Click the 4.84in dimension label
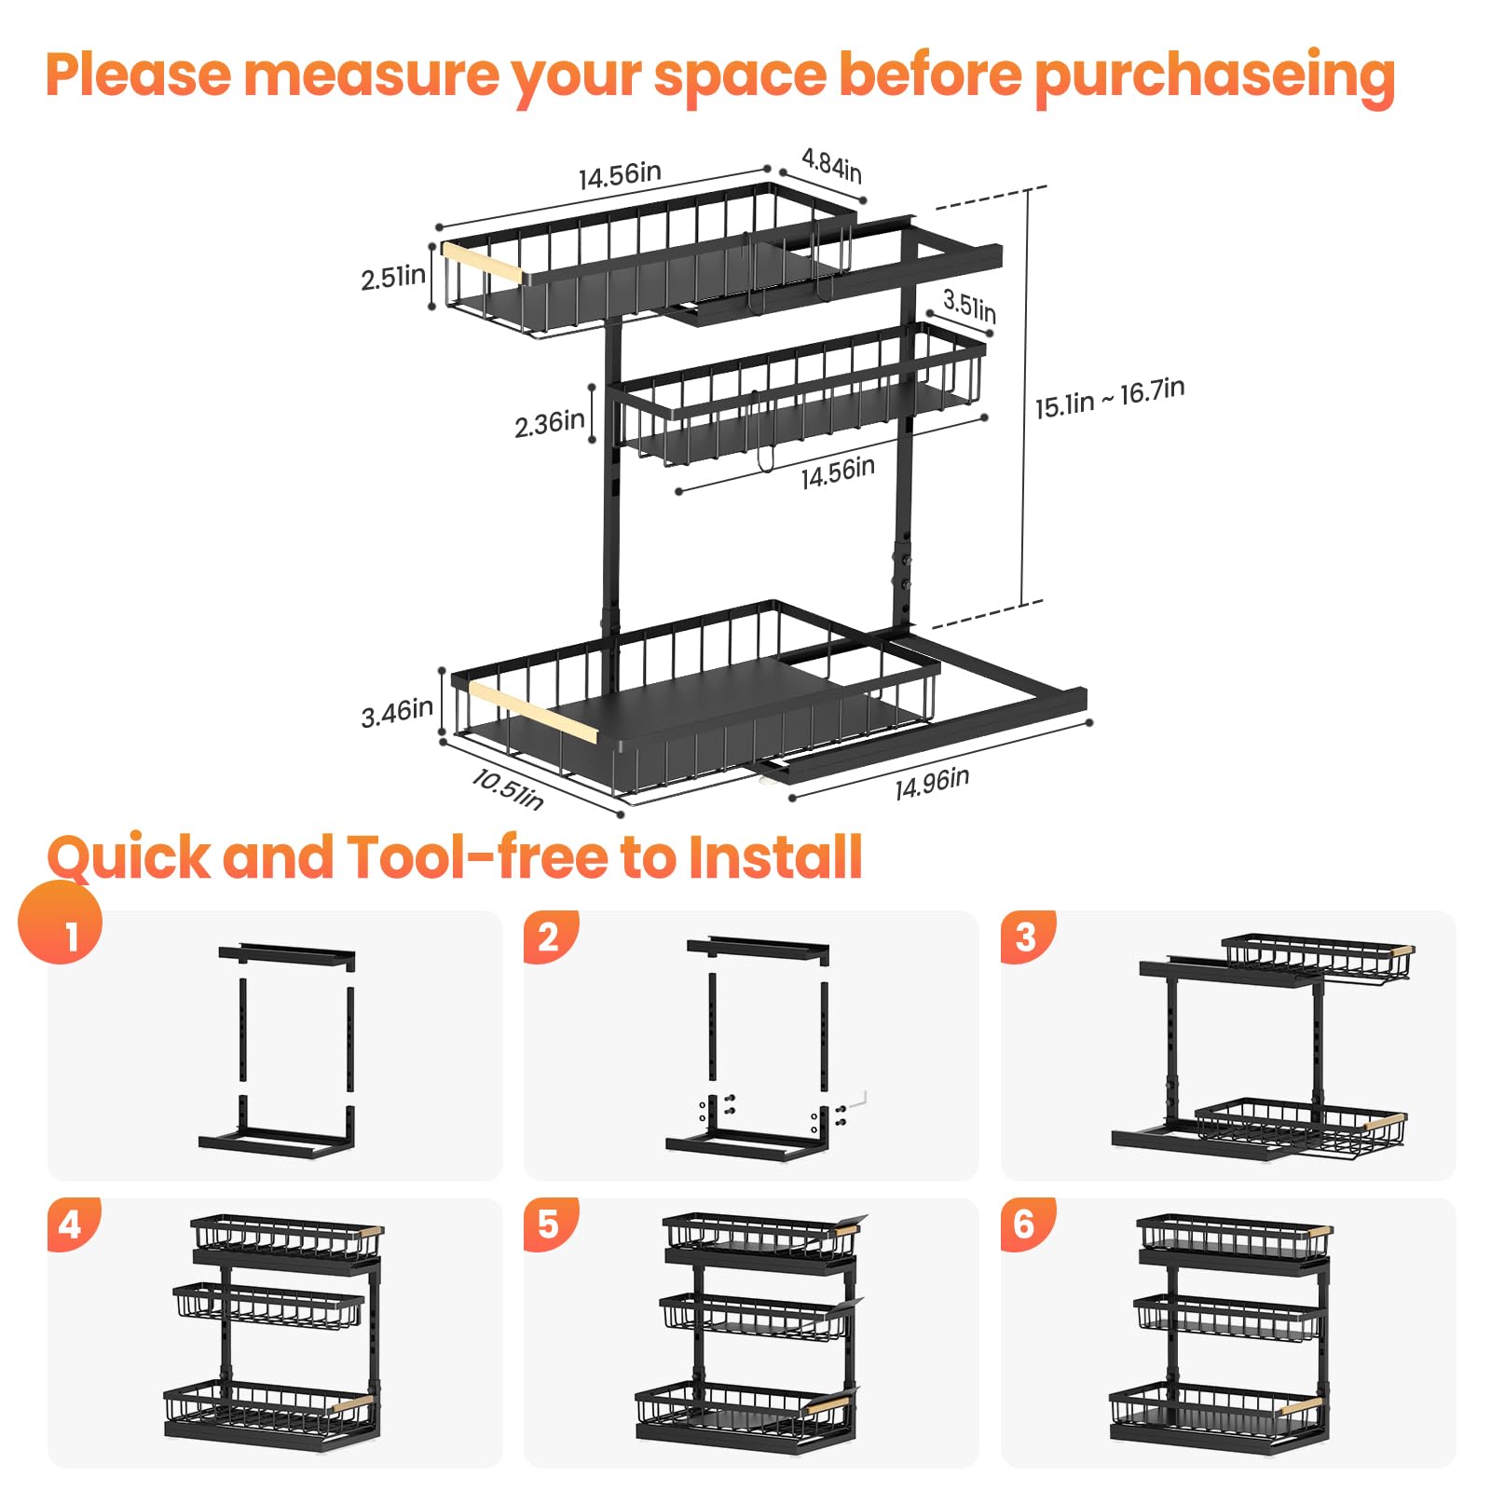pos(831,166)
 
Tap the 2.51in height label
pos(393,277)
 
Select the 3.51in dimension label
pos(969,306)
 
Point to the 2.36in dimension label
pos(550,424)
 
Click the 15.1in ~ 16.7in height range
pos(1110,398)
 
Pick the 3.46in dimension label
pos(397,713)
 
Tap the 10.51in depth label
pos(508,789)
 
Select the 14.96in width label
pos(932,784)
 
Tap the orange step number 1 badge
pos(61,923)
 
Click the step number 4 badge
pos(74,1224)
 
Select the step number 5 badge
pos(551,1224)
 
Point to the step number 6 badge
pos(1028,1224)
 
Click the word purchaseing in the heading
pos(1215,77)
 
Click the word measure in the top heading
pos(371,75)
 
